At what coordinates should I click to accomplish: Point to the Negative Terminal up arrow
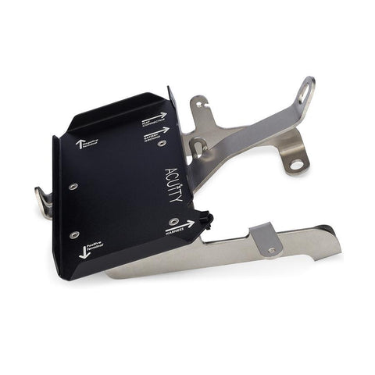pos(80,144)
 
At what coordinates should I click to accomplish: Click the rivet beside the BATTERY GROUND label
pos(162,144)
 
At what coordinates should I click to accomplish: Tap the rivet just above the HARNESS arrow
pos(173,221)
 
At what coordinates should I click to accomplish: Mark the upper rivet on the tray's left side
pos(72,187)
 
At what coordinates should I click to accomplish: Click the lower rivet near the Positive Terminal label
pos(74,234)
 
